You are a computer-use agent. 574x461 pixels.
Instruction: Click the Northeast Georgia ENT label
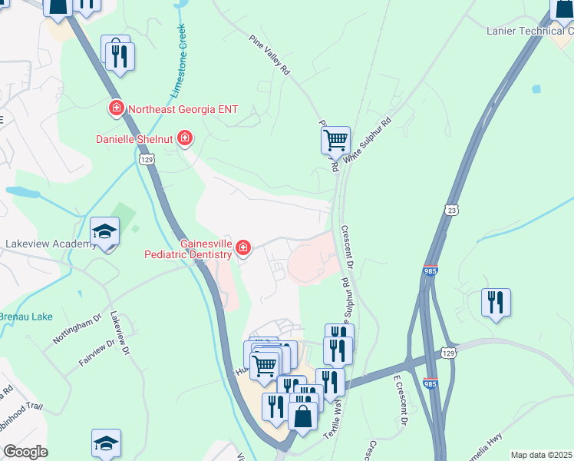point(183,109)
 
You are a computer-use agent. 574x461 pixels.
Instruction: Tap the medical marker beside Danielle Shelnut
point(185,139)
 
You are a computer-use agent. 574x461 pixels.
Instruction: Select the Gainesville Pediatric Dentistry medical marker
point(243,247)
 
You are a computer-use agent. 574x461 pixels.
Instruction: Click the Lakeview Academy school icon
point(105,231)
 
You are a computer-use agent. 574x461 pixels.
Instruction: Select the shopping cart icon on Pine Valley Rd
point(335,141)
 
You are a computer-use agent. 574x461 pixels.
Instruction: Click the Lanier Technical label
point(529,31)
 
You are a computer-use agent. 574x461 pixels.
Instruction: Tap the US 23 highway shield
point(451,209)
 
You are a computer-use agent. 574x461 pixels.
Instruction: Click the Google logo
point(25,452)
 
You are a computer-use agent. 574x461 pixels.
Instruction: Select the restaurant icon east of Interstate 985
point(496,301)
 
